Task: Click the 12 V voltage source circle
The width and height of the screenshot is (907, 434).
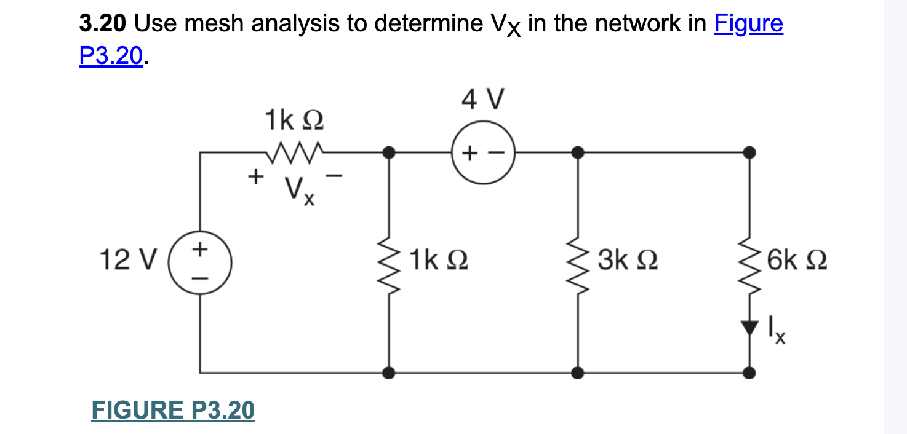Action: click(200, 263)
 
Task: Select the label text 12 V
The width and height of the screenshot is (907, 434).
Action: click(128, 261)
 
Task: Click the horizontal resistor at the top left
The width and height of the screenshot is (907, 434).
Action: click(294, 149)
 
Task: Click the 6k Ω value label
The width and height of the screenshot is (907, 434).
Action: click(797, 261)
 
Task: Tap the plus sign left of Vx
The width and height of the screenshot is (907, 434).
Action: click(253, 178)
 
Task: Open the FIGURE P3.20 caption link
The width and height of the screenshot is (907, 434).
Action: click(173, 411)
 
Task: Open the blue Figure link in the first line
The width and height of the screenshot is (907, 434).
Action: click(748, 24)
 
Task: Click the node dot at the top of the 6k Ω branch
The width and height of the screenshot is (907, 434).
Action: click(749, 151)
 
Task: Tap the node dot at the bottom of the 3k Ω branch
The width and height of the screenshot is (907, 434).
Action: click(578, 372)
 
